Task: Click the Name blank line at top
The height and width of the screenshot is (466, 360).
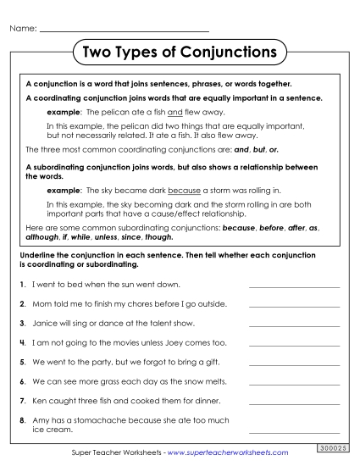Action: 124,31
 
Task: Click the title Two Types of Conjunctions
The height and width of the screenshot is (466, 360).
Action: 180,53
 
